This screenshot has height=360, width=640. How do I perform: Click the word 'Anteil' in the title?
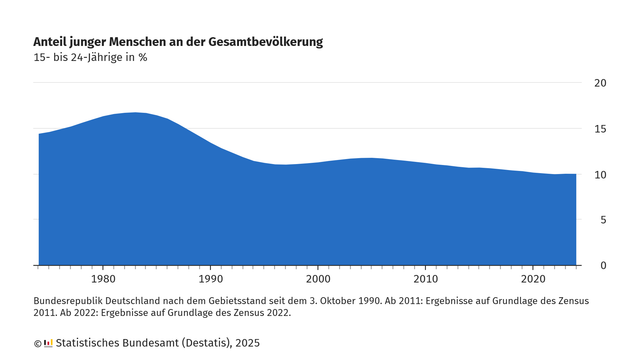(53, 42)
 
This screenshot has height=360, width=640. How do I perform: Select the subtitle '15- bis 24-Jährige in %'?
(91, 57)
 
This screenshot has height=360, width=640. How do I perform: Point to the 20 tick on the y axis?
(601, 83)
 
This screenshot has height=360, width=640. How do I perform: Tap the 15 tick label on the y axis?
(601, 129)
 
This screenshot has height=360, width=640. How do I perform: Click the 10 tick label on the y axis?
(601, 175)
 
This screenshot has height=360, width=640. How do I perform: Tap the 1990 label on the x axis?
(210, 281)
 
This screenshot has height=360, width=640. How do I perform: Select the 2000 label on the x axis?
(318, 281)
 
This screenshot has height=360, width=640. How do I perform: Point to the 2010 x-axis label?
(425, 281)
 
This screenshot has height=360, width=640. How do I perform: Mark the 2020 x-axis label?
(533, 281)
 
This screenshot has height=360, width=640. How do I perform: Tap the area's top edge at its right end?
(575, 174)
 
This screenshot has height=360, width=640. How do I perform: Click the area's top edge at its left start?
(39, 134)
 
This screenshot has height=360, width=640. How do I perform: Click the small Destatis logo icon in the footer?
(48, 343)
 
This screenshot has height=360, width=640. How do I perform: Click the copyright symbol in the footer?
(38, 343)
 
